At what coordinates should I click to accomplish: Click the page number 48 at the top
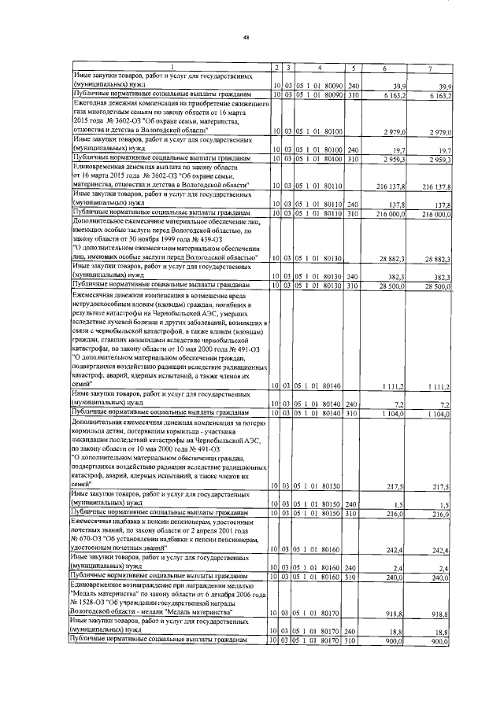[246, 36]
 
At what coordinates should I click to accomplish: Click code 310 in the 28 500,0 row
[354, 284]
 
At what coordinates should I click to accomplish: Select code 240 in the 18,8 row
[354, 630]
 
